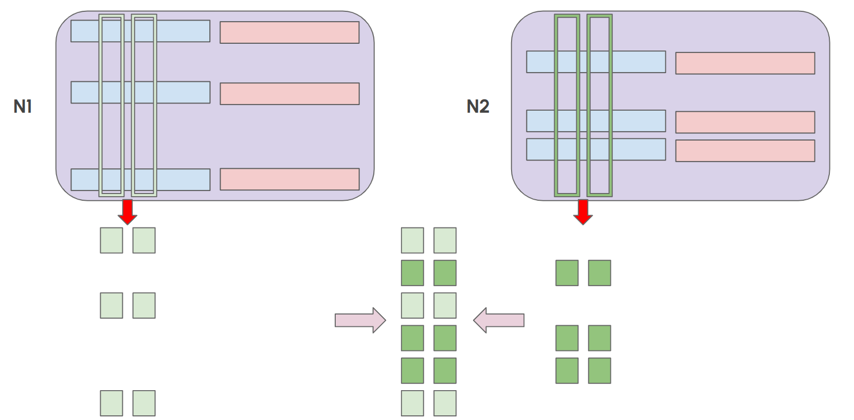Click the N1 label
(23, 107)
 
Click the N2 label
(478, 107)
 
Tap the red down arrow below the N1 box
(128, 212)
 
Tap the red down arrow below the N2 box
(583, 212)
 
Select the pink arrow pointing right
(360, 320)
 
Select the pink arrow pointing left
(499, 320)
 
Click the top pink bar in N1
(289, 32)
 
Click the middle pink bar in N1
(289, 94)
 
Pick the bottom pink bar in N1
(289, 179)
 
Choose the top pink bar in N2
(745, 63)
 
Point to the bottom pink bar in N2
(745, 150)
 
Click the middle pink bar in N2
(745, 122)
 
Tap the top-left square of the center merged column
(412, 240)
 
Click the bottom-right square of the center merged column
(445, 403)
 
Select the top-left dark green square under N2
(567, 273)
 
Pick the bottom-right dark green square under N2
(599, 371)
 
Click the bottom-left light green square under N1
(112, 403)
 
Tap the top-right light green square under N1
(144, 240)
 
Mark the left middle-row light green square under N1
(112, 305)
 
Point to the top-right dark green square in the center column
(445, 273)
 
